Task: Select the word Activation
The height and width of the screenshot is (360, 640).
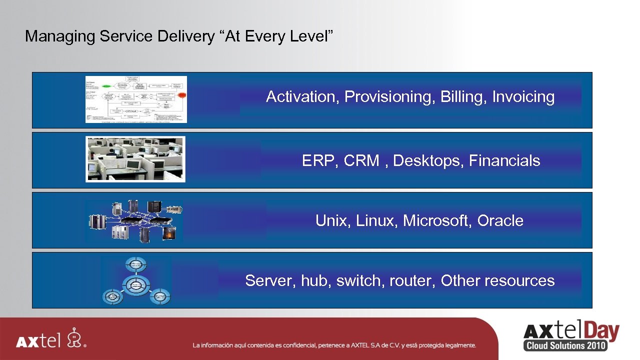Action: (302, 97)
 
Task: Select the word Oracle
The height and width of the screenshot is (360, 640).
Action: (500, 221)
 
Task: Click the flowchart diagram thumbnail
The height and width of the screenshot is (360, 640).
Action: (136, 99)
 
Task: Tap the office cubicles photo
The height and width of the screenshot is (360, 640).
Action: (135, 159)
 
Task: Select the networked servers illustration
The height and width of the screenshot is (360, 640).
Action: (134, 220)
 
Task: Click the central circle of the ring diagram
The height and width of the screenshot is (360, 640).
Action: (135, 285)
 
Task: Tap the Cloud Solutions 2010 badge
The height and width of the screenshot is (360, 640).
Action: (565, 345)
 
